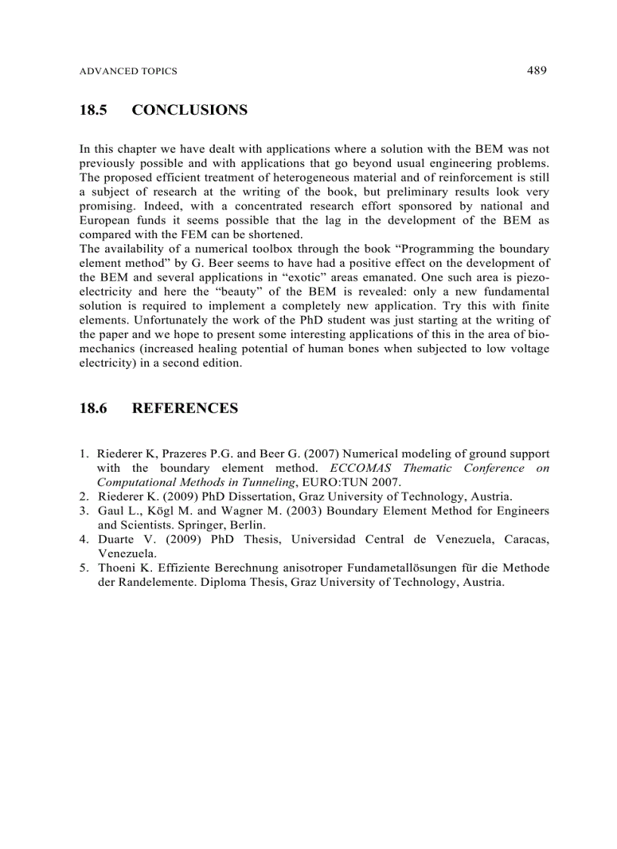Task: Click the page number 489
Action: (x=536, y=70)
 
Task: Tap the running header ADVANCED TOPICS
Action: (x=128, y=71)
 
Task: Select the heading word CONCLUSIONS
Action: (x=189, y=110)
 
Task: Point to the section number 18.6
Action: (x=93, y=409)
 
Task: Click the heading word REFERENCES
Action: (x=184, y=409)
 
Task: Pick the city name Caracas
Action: (x=524, y=539)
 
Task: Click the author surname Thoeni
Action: (x=116, y=568)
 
